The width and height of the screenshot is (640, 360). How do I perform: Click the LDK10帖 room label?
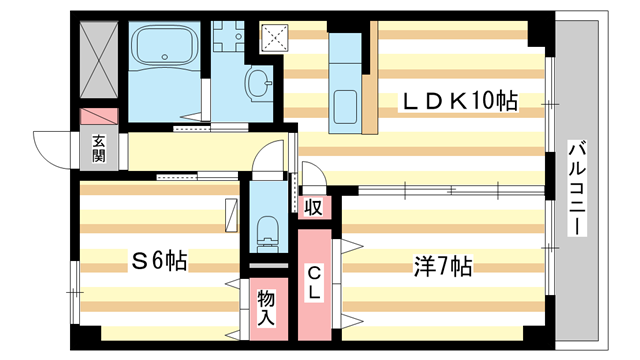[x=460, y=102]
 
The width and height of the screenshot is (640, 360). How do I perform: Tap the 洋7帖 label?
[x=443, y=267]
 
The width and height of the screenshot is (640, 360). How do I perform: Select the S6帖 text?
[x=160, y=261]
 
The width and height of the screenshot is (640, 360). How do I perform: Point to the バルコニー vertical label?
[x=576, y=188]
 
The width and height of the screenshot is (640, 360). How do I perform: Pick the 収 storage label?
[x=313, y=208]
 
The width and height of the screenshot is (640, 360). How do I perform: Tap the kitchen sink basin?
[x=347, y=105]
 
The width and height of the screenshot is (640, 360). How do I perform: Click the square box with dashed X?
[x=272, y=36]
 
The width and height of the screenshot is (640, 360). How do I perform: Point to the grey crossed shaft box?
[x=99, y=55]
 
